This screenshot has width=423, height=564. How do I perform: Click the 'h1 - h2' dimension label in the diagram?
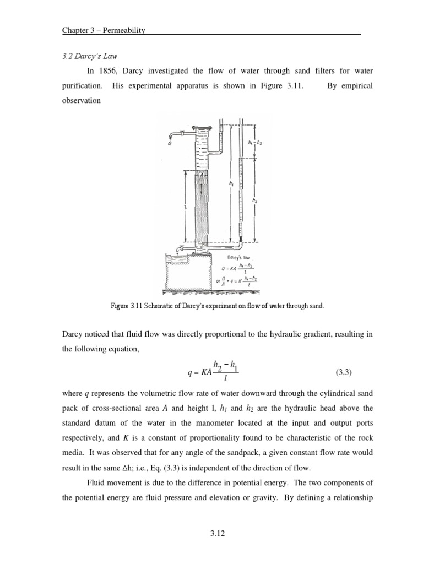pyautogui.click(x=254, y=143)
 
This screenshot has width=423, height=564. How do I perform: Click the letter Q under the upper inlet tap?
pyautogui.click(x=170, y=144)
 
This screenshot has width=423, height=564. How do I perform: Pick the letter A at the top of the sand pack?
pyautogui.click(x=202, y=175)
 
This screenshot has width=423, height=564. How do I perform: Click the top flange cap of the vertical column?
pyautogui.click(x=202, y=127)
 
